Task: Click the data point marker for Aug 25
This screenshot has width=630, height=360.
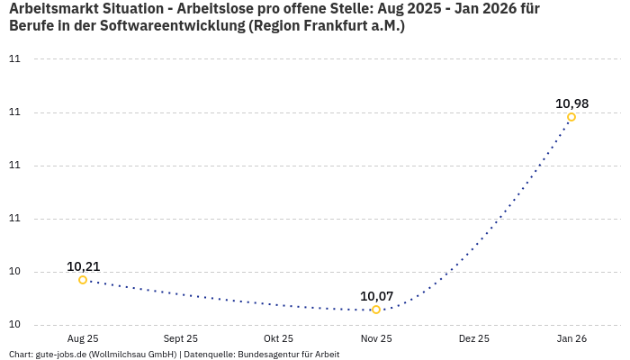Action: tap(83, 280)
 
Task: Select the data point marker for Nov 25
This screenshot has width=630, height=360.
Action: tap(376, 310)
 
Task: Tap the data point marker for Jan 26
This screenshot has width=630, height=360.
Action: tap(571, 117)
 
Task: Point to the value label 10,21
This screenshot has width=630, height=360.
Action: tap(83, 266)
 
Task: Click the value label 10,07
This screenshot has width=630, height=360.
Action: tap(376, 296)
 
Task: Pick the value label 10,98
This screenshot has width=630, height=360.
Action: tap(571, 103)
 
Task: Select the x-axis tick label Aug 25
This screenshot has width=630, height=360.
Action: tap(83, 339)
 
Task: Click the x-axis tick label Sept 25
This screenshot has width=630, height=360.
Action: tap(181, 339)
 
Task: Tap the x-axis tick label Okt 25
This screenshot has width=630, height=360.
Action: tap(278, 339)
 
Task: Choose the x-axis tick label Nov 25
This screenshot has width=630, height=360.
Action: tap(376, 339)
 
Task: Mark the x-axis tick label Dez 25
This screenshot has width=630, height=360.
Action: tap(474, 339)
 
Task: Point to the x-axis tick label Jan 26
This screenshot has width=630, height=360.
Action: tap(571, 339)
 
